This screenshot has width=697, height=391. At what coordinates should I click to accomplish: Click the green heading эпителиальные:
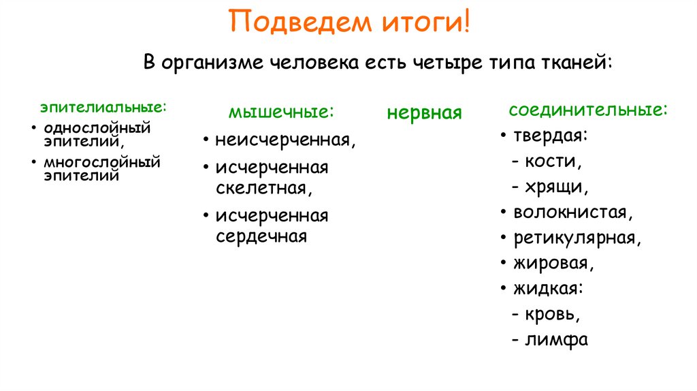click(103, 108)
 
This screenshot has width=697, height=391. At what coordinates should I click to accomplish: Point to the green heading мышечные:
click(282, 112)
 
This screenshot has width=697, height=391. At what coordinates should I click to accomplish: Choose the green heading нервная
click(424, 112)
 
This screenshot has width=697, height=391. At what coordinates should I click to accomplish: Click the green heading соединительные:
click(588, 110)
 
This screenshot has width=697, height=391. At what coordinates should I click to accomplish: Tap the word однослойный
click(97, 127)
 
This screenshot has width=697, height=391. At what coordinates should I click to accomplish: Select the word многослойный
click(102, 163)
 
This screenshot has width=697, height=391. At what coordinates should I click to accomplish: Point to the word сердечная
click(261, 236)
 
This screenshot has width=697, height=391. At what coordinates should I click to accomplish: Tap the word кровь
click(552, 314)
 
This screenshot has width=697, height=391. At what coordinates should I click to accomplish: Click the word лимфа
click(556, 339)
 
